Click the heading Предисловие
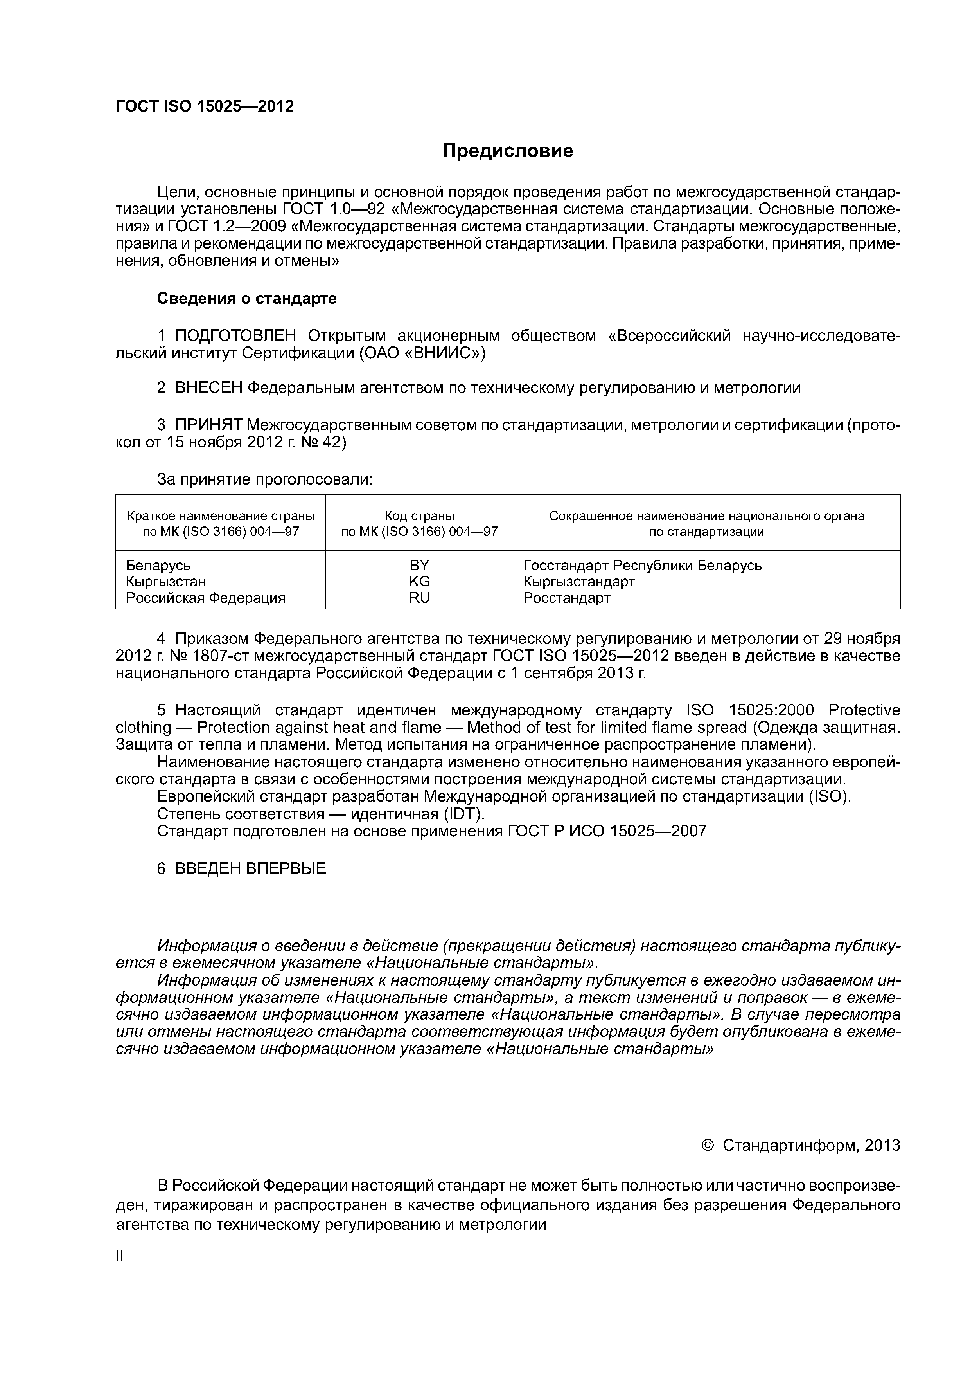(507, 151)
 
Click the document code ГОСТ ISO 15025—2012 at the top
(205, 106)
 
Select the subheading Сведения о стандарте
(247, 298)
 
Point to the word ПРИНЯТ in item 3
(208, 425)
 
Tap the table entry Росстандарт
(567, 597)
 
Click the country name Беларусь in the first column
(158, 565)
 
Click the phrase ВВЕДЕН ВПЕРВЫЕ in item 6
(250, 868)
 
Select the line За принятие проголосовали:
(265, 479)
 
